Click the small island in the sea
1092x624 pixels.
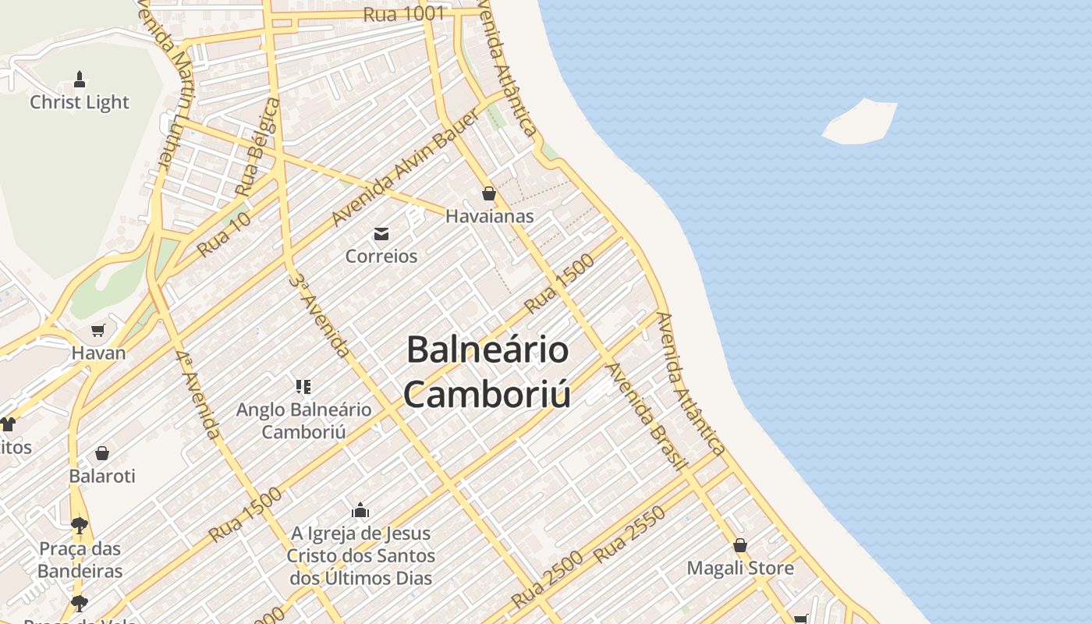pos(860,122)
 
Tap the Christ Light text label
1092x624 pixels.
pos(80,102)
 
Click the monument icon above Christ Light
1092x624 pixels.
pos(80,79)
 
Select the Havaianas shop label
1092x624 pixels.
pos(489,216)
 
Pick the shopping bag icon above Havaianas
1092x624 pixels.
pos(489,193)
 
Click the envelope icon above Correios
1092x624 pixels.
pos(381,233)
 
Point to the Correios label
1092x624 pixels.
pos(381,256)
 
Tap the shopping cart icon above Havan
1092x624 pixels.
pos(98,331)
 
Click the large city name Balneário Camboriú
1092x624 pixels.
pos(487,371)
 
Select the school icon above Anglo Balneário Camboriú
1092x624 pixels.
pos(304,386)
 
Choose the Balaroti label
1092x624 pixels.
pos(102,476)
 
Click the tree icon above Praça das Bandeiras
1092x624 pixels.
pos(80,525)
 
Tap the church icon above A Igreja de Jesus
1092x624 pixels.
pos(360,511)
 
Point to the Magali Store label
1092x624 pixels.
pos(740,568)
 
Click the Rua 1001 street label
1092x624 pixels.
pos(404,13)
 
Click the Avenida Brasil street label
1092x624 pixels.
pos(647,416)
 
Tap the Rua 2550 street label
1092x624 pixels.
pos(629,534)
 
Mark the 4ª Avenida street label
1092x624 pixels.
pos(198,394)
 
